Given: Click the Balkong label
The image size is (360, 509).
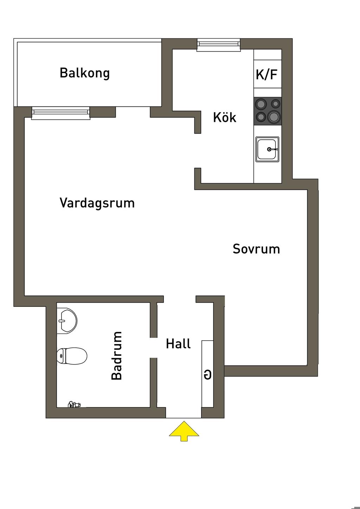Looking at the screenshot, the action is [84, 73].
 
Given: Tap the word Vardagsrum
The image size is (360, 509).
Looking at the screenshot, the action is [97, 203].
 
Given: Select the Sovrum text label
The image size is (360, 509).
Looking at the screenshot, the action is [256, 249].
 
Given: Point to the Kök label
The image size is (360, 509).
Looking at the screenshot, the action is [225, 117].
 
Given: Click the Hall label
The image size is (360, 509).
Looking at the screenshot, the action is [178, 343].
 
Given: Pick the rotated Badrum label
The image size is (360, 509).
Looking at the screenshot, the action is [117, 355].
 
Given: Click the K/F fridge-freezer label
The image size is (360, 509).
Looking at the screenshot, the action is [266, 74].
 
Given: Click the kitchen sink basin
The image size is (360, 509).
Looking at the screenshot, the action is [267, 149].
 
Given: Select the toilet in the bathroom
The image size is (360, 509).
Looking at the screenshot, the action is [72, 356].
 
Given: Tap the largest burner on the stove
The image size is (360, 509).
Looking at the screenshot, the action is [274, 117].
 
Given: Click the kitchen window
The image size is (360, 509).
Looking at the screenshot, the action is [218, 45].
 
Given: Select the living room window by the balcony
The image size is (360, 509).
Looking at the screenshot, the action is [61, 113].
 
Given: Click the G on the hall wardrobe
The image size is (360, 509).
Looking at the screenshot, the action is [208, 375].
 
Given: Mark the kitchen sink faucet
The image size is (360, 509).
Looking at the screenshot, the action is [272, 149].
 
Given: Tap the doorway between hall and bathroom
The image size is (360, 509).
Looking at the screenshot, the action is [153, 348].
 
